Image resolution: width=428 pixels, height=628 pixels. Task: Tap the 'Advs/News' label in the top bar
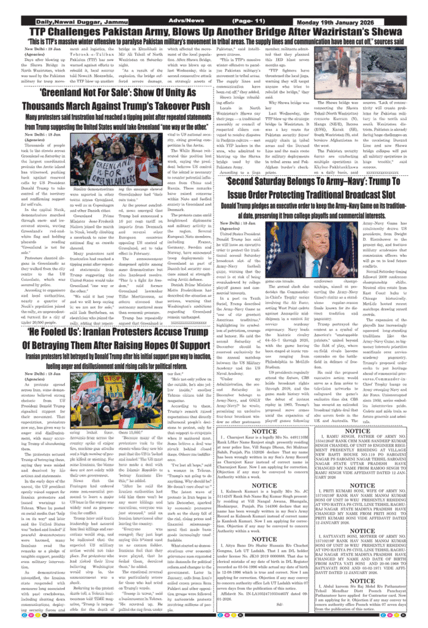(187, 21)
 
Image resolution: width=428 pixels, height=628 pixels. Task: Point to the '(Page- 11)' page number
(250, 21)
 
